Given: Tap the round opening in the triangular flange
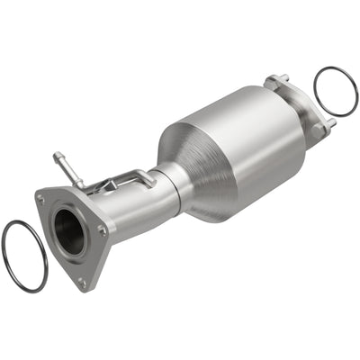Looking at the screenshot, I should click(x=68, y=230).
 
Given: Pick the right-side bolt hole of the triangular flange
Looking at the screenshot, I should click(x=103, y=229).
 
